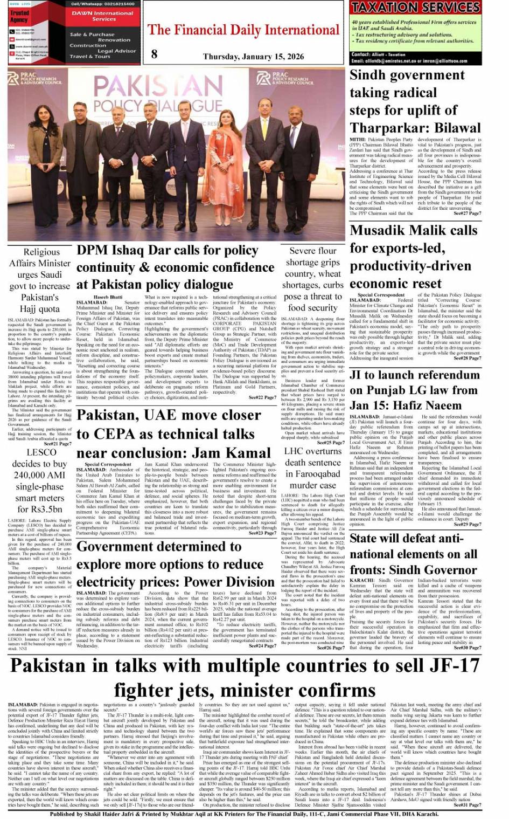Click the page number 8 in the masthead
(155, 53)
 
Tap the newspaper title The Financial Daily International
(243, 30)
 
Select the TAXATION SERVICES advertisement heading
(415, 8)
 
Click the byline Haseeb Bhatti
(108, 297)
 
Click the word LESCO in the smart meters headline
(41, 452)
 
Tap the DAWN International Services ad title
(102, 16)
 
